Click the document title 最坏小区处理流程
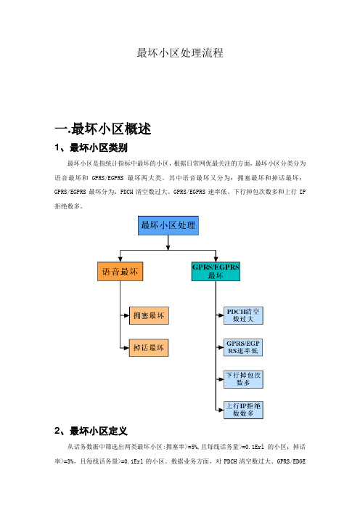click(180, 53)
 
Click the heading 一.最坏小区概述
click(102, 129)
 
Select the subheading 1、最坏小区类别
click(91, 147)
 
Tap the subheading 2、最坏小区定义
click(91, 431)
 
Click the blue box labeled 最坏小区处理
click(168, 225)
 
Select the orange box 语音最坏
click(120, 272)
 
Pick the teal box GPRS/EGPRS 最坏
click(216, 272)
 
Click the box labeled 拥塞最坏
click(149, 315)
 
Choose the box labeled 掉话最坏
click(149, 348)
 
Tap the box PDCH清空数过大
click(243, 315)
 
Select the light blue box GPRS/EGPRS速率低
click(243, 347)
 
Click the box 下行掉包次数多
click(243, 379)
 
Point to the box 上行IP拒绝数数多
click(243, 410)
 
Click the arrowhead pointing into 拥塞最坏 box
click(127, 315)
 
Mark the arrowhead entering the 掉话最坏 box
click(127, 348)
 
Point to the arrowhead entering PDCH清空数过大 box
click(221, 315)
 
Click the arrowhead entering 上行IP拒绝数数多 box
click(221, 410)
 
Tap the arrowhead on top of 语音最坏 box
click(120, 259)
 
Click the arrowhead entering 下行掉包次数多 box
click(221, 379)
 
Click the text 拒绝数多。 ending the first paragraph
click(68, 206)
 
